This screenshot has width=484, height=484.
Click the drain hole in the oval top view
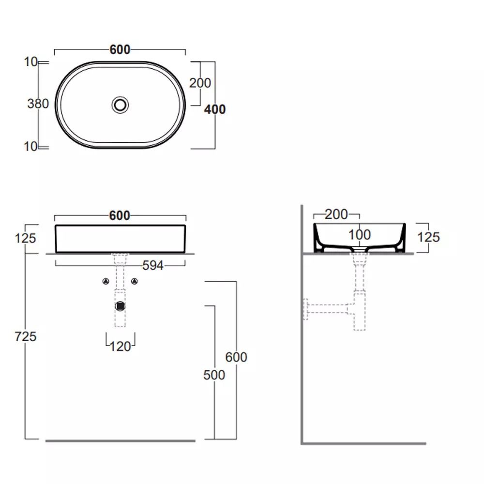coord(120,105)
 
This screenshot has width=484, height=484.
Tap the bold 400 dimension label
coord(215,109)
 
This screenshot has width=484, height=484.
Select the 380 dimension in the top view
coord(38,104)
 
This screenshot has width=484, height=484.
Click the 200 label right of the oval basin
coord(200,83)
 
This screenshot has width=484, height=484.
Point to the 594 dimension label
coord(153,265)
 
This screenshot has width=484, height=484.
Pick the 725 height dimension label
coord(26,336)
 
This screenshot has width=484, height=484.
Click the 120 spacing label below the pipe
coord(121,347)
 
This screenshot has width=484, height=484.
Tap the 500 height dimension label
coord(214,375)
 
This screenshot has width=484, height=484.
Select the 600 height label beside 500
coord(236,357)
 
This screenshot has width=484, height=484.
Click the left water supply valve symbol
coord(106,281)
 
